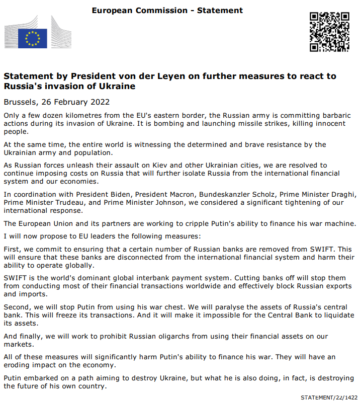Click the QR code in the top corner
(x=329, y=31)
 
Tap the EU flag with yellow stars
(x=33, y=38)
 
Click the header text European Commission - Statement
(x=167, y=10)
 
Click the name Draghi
(x=342, y=195)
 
